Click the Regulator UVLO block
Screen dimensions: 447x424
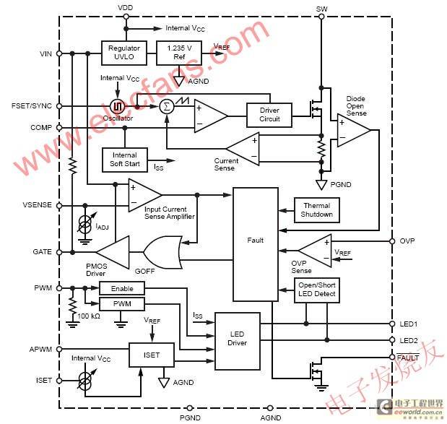[124, 53]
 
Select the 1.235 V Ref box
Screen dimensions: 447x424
[179, 53]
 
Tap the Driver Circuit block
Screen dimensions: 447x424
[269, 115]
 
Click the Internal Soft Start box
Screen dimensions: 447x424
[125, 160]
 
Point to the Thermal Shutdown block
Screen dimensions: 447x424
[317, 210]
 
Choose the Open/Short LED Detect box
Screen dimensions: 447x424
[317, 290]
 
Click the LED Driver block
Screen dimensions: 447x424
[238, 341]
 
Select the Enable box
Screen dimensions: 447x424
[122, 288]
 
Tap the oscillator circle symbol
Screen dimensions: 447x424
[118, 106]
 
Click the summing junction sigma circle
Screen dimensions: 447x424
[167, 107]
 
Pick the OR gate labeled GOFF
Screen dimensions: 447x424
[162, 252]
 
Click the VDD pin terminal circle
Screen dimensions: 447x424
[126, 17]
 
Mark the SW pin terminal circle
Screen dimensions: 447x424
[321, 17]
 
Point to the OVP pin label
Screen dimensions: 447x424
[407, 241]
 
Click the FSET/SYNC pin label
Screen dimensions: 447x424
[32, 105]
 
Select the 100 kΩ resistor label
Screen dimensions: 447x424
[89, 316]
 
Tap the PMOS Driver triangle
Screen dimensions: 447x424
[113, 252]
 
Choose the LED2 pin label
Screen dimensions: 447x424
[409, 340]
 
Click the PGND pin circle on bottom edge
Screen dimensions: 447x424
[190, 408]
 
